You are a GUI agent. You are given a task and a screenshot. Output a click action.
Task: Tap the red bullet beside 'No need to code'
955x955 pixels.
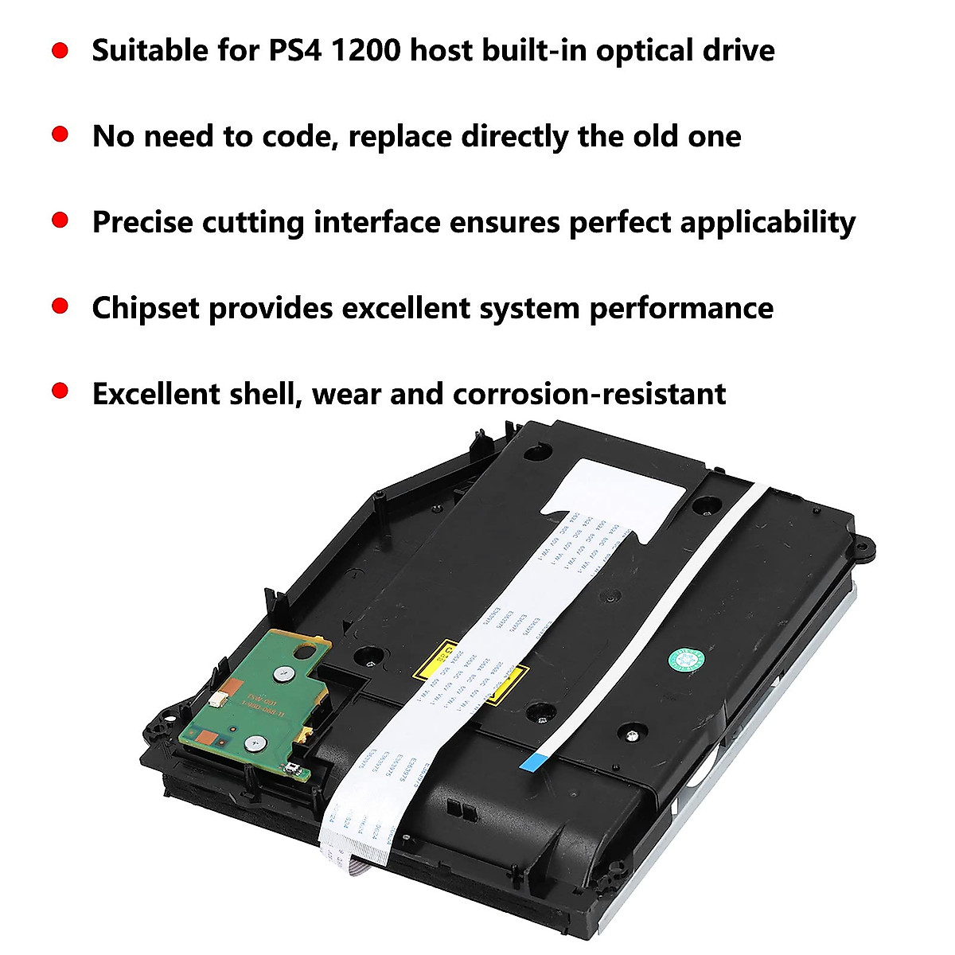pos(60,134)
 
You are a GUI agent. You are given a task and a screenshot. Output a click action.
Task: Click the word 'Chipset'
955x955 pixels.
pos(146,308)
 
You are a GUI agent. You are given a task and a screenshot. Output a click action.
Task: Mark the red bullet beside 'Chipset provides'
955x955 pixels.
pos(60,306)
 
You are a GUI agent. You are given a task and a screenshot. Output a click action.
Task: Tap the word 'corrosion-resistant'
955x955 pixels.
pos(589,394)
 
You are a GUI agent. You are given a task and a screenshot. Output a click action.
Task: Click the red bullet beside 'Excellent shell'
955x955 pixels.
pos(60,392)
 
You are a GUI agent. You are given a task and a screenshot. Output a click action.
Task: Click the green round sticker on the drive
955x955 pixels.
pos(685,660)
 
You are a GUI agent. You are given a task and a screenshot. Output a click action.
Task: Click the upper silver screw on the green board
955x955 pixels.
pos(280,674)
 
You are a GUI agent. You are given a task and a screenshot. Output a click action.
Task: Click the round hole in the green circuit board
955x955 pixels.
pos(302,650)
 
